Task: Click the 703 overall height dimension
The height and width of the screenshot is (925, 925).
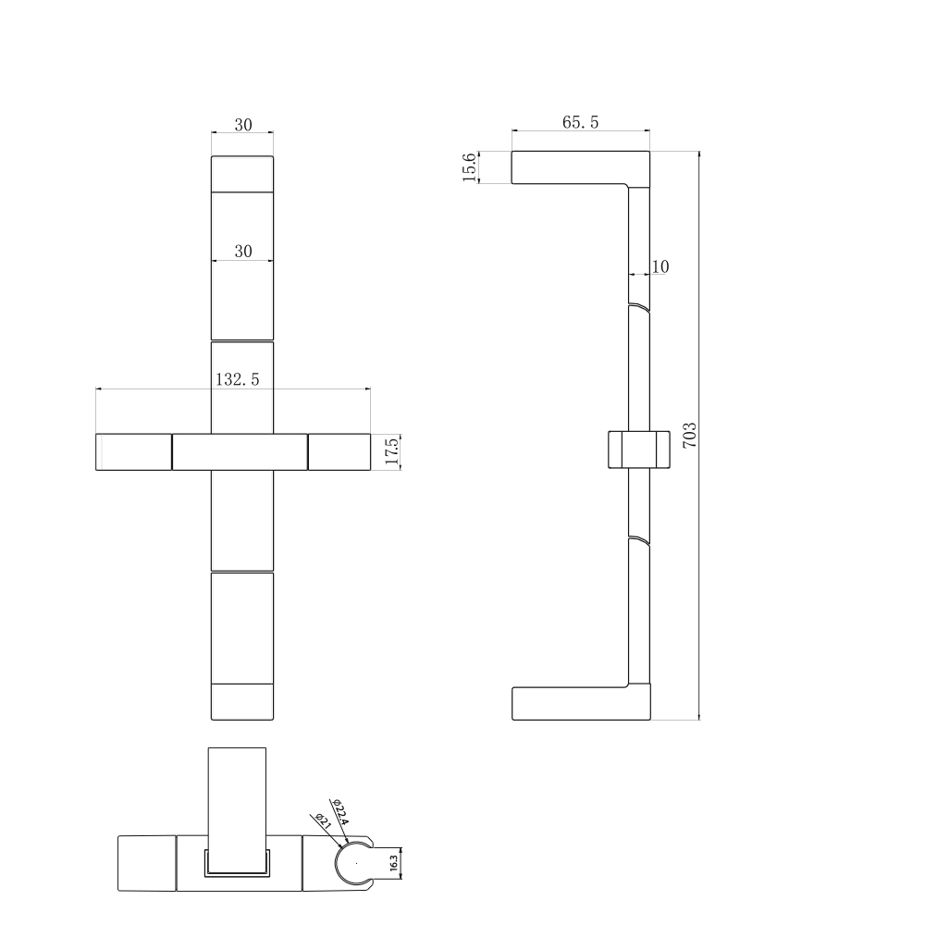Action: coord(690,436)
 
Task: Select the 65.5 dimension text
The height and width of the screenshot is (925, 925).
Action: coord(581,122)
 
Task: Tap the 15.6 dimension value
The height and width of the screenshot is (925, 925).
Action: coord(469,166)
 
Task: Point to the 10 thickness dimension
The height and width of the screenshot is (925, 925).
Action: coord(660,266)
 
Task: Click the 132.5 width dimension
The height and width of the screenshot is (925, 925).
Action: coord(237,378)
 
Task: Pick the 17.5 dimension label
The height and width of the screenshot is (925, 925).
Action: coord(392,452)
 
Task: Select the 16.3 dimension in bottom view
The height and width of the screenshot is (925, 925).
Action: coord(394,864)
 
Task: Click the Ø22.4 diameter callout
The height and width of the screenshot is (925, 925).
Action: coord(340,812)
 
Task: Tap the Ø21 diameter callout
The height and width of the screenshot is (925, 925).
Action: coord(323,821)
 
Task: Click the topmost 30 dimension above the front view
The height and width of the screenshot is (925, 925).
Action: coord(243,125)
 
